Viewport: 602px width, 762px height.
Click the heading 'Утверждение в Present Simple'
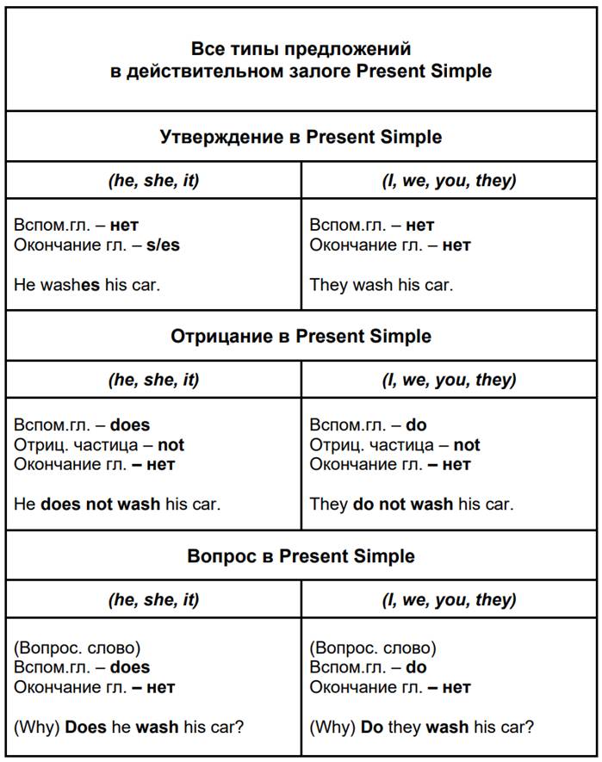[301, 137]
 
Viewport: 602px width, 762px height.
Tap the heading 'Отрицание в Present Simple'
[301, 336]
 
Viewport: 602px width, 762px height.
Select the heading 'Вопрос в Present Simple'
[301, 556]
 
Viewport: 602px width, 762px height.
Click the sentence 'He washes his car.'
[87, 284]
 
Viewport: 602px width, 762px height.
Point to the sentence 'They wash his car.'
[381, 284]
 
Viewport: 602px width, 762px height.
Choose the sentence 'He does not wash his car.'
[117, 504]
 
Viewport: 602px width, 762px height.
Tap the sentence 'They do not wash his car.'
[411, 504]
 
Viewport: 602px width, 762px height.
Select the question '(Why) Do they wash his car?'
[421, 727]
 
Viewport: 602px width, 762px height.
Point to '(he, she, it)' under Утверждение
[153, 181]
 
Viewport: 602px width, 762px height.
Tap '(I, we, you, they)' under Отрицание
[449, 380]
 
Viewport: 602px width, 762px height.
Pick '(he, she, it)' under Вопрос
[153, 600]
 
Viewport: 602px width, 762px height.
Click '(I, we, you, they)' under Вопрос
[449, 600]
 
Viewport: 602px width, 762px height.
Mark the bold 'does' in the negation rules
[130, 424]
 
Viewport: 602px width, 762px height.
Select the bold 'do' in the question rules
[416, 667]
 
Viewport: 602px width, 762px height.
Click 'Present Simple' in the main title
[424, 71]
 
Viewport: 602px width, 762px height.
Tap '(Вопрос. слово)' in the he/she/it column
[77, 647]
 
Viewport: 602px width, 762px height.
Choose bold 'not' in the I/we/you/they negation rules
[467, 445]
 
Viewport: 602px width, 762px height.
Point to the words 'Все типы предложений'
[301, 49]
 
